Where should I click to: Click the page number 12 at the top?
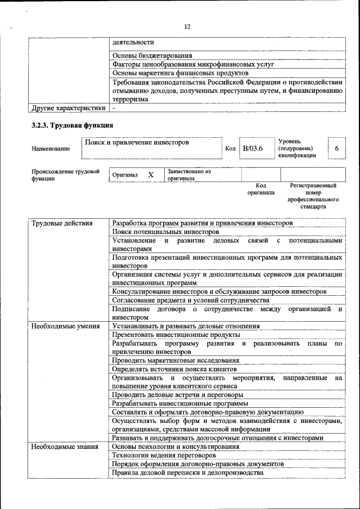coord(187,26)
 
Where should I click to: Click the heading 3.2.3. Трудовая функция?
coord(73,125)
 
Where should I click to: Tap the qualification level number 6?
coord(336,148)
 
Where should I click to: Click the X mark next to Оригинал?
coord(151,175)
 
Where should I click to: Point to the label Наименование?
coord(51,148)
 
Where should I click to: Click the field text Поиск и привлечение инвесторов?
coord(137,143)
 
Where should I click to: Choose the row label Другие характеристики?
coord(68,108)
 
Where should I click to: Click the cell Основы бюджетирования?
coord(152,56)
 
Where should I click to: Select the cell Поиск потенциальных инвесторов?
coord(165,232)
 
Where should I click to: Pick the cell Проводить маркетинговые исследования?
coord(175,360)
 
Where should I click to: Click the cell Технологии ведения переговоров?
coord(164,455)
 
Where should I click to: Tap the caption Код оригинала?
coord(261,189)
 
